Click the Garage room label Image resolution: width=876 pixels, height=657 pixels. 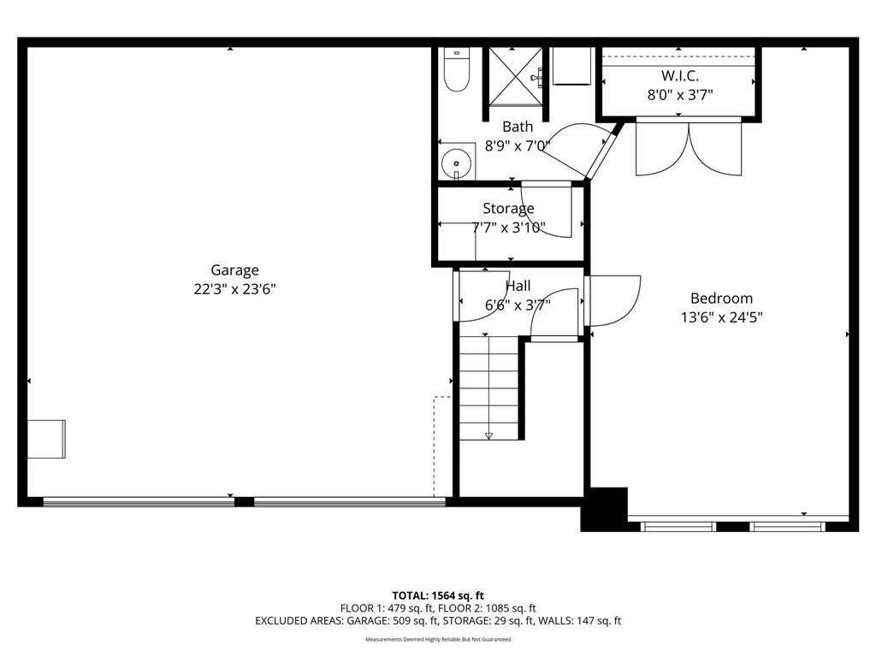coord(234,269)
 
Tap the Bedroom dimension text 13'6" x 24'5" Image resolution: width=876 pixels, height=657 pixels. coord(721,317)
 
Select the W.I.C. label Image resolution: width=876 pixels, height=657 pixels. coord(680,75)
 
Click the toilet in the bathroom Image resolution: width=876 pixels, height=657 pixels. coord(457,69)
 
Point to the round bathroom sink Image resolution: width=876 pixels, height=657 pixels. coord(457,163)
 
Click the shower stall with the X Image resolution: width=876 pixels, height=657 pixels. coord(516,76)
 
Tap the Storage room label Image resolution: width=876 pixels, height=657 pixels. coord(508,209)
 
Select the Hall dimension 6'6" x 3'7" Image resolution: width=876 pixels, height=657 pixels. coord(518,305)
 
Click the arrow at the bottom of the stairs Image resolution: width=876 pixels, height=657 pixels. coord(488,435)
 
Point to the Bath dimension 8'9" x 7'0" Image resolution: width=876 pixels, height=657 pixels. coord(518,145)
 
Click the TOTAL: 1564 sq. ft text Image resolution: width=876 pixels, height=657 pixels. coord(438,595)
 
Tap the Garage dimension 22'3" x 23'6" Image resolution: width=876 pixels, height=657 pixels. coord(234,289)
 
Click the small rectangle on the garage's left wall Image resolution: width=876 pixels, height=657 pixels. coord(46,439)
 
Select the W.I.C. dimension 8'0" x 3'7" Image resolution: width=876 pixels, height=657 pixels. coord(680,95)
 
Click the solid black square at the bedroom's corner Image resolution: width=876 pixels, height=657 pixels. coord(605,509)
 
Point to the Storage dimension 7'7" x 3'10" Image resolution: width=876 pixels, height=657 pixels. coord(508,228)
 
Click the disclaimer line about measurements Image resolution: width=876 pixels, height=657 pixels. coord(438,639)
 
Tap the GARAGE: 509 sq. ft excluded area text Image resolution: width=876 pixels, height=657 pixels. coord(390,621)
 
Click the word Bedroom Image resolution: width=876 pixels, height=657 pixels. coord(721,298)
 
